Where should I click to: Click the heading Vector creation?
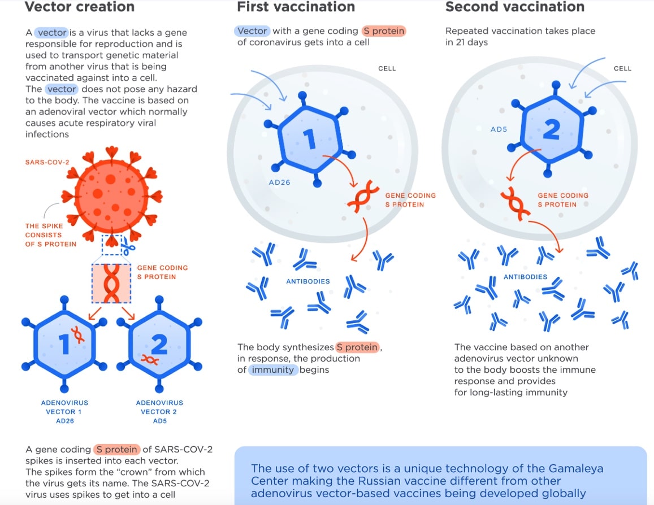[80, 7]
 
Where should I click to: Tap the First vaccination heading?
[296, 7]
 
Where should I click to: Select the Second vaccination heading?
[514, 7]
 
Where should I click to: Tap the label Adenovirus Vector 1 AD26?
[64, 412]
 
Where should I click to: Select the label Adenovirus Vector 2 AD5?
[159, 412]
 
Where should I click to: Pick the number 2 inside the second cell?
[551, 130]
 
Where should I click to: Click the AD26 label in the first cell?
[280, 183]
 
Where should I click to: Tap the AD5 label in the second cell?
[499, 129]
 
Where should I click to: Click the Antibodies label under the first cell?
[308, 281]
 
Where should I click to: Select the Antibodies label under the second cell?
[525, 277]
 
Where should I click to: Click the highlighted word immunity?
[274, 370]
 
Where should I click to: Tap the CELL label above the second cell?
[622, 68]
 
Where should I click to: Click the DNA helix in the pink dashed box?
[111, 282]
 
